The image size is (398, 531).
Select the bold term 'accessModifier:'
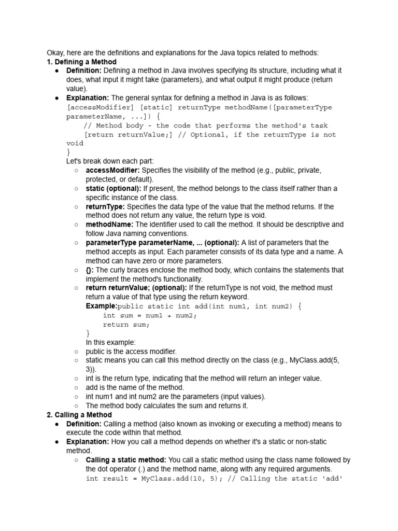click(112, 170)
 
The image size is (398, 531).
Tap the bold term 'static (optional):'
click(113, 188)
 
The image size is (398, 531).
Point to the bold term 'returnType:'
click(105, 206)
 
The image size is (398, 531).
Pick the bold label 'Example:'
click(102, 306)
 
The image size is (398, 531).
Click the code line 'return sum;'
click(126, 325)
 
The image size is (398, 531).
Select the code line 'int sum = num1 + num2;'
click(150, 315)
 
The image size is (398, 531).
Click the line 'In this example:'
click(111, 342)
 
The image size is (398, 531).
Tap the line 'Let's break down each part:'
click(110, 161)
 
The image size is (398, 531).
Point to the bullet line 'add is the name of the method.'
click(135, 387)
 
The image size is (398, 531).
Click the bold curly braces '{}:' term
click(90, 270)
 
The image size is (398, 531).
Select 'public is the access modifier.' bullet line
click(131, 351)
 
